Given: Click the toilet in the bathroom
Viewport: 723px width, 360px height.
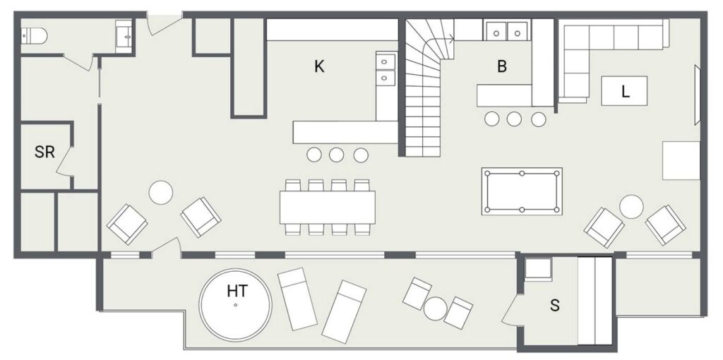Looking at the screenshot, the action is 34,35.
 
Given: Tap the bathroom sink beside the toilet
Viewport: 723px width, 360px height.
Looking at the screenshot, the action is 124,37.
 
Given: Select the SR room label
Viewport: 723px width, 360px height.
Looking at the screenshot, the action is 44,152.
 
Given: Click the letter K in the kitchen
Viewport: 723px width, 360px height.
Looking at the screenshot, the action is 319,67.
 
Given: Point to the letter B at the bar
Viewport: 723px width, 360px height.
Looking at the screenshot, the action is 502,67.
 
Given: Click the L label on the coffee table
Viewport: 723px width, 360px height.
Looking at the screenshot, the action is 626,92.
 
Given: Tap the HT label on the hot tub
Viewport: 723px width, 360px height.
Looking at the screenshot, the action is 237,291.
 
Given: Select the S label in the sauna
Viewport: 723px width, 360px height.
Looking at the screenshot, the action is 555,305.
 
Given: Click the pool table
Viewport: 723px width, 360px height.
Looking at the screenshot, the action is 522,191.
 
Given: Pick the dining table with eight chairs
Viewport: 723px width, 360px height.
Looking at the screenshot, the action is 328,208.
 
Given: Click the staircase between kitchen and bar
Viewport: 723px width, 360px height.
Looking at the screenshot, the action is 426,88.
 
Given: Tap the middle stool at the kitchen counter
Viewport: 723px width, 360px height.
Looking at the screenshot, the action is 337,155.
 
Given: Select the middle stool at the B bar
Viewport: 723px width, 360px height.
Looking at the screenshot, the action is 514,119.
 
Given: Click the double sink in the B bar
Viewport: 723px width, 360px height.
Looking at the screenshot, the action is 507,31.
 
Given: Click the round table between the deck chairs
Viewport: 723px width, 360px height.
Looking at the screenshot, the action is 435,308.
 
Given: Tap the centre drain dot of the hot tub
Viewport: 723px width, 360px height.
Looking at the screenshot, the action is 235,305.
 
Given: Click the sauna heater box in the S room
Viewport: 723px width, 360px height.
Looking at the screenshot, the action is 539,269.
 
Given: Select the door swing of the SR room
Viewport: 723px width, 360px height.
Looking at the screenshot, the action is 64,162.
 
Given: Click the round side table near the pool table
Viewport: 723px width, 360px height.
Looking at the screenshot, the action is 631,207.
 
